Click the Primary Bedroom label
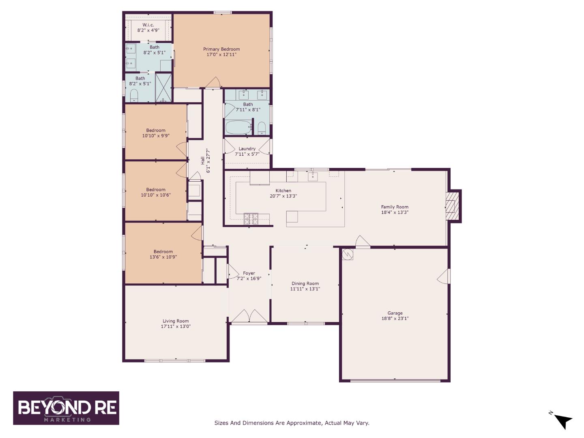221,49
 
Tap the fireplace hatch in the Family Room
453,206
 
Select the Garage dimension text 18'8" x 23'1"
395,318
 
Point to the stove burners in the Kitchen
251,219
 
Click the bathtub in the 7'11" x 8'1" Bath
238,128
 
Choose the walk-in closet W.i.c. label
148,25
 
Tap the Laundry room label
247,149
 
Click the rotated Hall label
203,161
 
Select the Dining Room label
305,283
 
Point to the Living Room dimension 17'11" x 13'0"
176,326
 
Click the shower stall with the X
163,87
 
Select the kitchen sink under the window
313,176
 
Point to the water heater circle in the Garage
348,255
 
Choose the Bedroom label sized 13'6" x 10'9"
163,251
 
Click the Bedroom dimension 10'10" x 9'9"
156,135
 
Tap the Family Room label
395,207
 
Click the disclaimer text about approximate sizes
292,423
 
